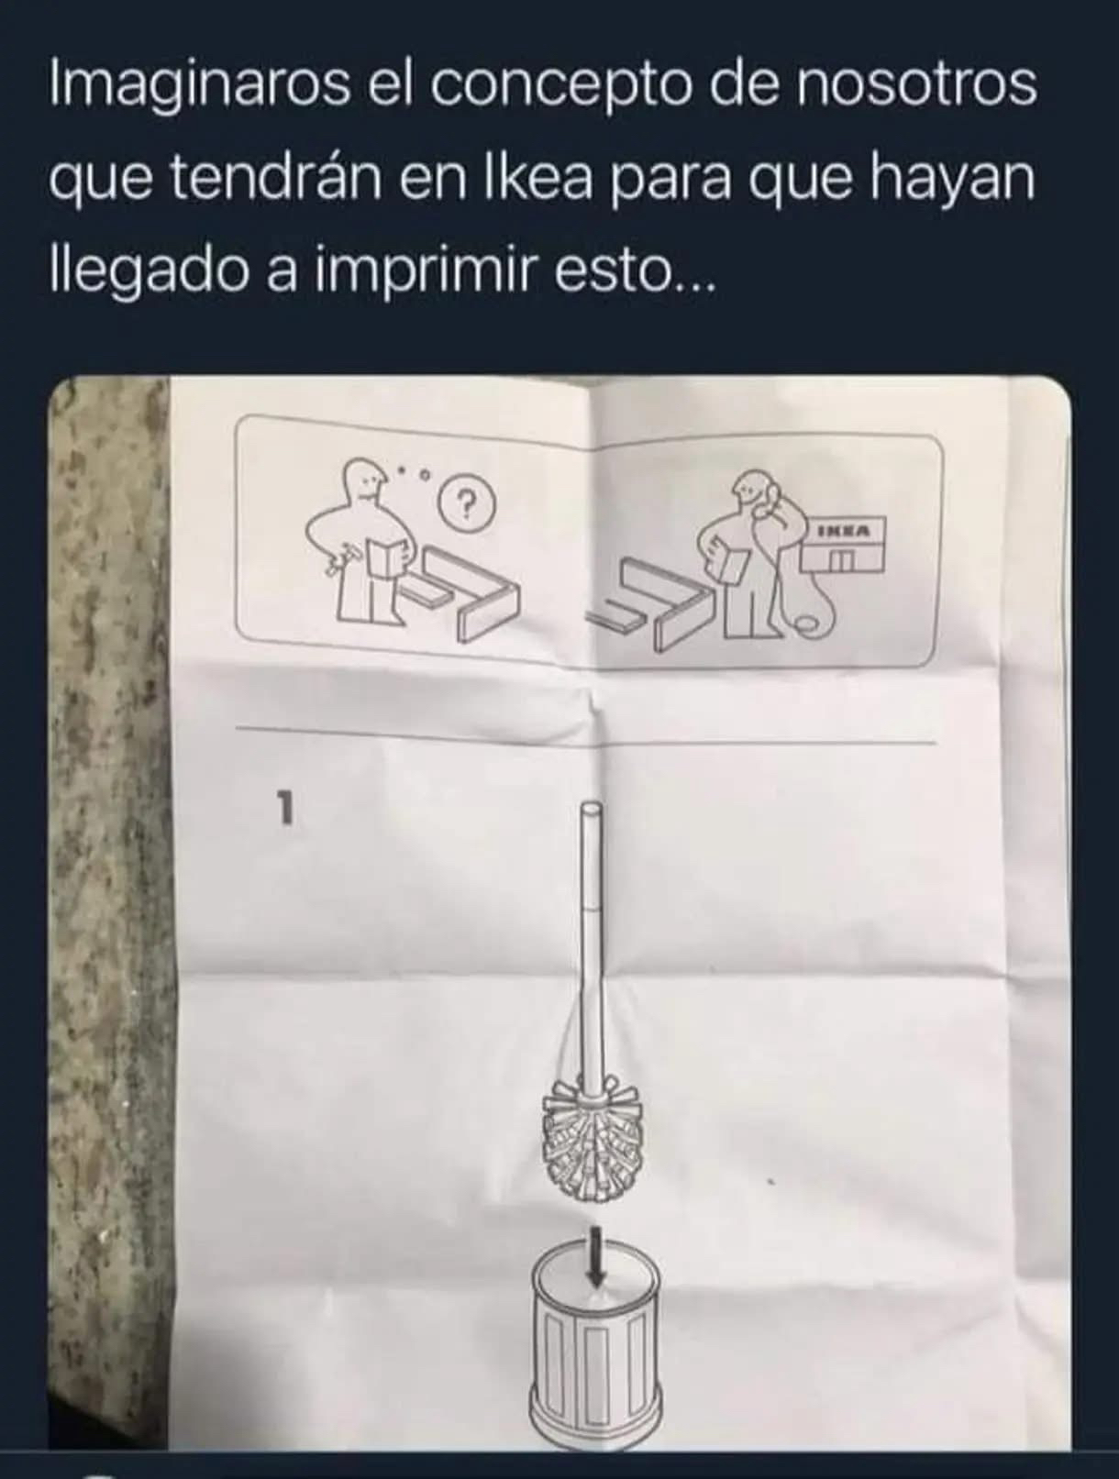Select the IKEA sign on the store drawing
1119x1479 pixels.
click(843, 531)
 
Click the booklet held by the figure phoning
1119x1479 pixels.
click(729, 557)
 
